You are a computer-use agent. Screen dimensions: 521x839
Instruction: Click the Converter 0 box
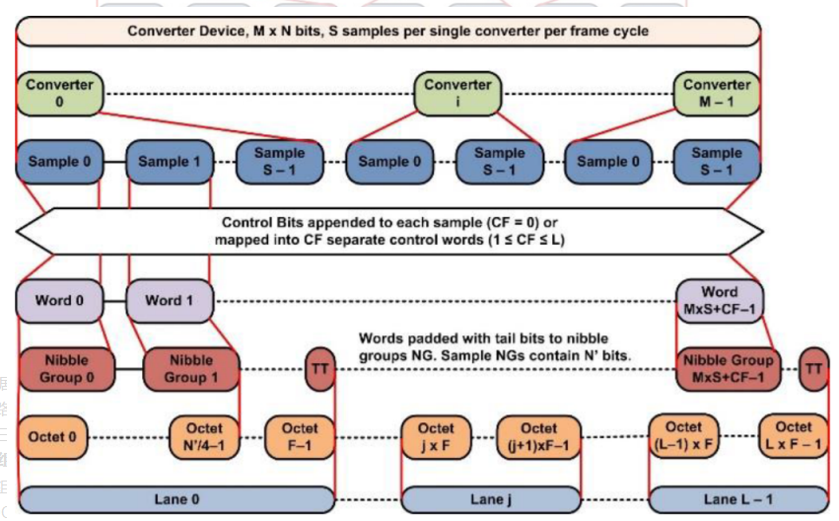pos(58,93)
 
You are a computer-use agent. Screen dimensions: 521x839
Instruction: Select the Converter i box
pos(457,93)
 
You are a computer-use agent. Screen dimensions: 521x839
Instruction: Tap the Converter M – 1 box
pos(717,93)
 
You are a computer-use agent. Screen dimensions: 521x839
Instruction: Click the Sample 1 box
pos(169,162)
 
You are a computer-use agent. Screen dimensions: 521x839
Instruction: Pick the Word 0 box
pos(59,301)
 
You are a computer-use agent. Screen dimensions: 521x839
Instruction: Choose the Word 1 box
pos(169,301)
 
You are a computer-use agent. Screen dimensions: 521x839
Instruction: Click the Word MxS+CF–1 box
pos(719,301)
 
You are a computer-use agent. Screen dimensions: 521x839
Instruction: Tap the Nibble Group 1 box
pos(190,369)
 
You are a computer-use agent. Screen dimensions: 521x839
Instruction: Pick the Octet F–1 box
pos(300,437)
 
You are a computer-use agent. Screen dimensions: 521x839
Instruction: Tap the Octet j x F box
pos(435,437)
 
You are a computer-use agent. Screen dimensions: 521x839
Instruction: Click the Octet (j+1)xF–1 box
pos(538,437)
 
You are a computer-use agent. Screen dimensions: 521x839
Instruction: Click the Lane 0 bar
pos(177,499)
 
